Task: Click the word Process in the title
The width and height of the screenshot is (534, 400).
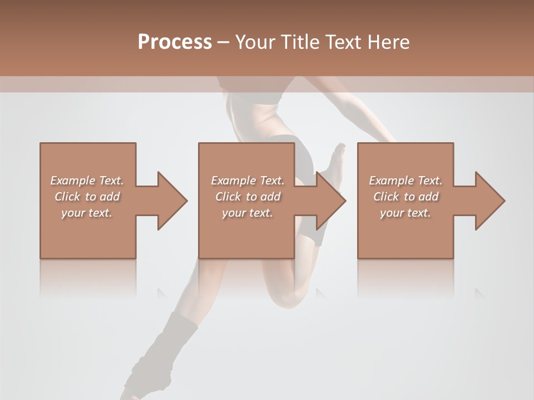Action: (x=175, y=42)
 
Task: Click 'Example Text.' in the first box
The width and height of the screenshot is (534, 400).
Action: (x=87, y=181)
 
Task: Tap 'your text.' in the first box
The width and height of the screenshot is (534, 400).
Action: (x=87, y=213)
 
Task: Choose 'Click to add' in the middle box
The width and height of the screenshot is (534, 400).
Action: (x=248, y=197)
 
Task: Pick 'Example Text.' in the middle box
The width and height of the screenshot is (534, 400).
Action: (x=248, y=181)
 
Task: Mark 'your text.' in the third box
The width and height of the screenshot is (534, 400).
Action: (x=406, y=213)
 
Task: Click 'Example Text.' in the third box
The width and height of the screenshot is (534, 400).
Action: (x=406, y=181)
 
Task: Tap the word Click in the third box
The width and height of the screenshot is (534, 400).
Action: (x=386, y=197)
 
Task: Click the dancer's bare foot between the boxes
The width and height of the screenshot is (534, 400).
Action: (x=336, y=158)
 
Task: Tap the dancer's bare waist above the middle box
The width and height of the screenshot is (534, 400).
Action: (x=253, y=119)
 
